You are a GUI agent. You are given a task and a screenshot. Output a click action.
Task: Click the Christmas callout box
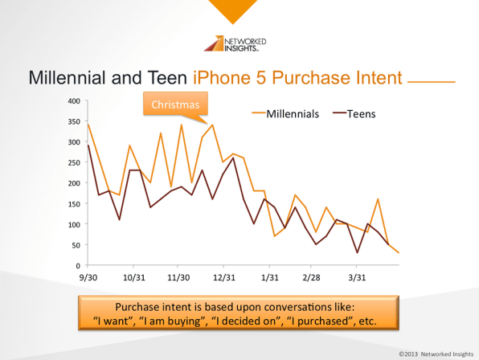[175, 104]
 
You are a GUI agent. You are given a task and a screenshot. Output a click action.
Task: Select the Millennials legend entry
[285, 114]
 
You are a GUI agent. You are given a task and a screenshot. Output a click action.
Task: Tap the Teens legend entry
[354, 114]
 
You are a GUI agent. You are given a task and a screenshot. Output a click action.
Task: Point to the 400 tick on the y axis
[74, 100]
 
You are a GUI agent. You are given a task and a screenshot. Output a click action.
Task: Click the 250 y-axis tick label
[74, 162]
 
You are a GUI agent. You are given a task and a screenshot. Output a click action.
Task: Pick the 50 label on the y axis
[76, 245]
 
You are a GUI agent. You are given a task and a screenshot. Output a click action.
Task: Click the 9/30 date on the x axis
[88, 277]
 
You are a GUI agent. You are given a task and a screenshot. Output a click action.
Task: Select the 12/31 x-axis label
[224, 277]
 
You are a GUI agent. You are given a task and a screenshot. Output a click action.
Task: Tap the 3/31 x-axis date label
[357, 277]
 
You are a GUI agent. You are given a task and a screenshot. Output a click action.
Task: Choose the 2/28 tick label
[311, 277]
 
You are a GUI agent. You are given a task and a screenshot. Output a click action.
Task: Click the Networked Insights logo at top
[235, 43]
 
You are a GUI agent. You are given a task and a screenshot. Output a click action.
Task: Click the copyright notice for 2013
[436, 354]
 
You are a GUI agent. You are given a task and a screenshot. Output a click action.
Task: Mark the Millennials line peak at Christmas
[212, 125]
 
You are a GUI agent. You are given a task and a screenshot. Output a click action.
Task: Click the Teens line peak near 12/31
[233, 157]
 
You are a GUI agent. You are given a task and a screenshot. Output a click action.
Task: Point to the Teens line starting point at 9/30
[88, 145]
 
